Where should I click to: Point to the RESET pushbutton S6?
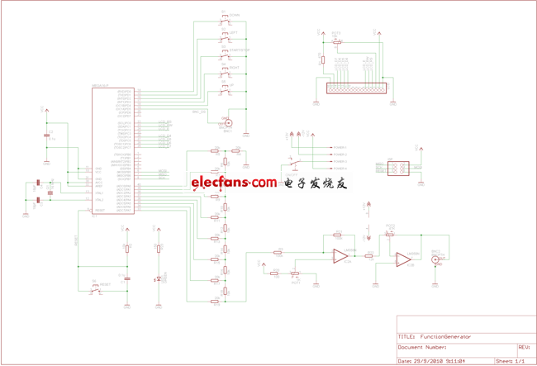[x=97, y=286]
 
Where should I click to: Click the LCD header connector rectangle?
[x=355, y=88]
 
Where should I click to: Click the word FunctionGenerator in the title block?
[x=445, y=337]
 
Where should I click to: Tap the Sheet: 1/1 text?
[x=510, y=361]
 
